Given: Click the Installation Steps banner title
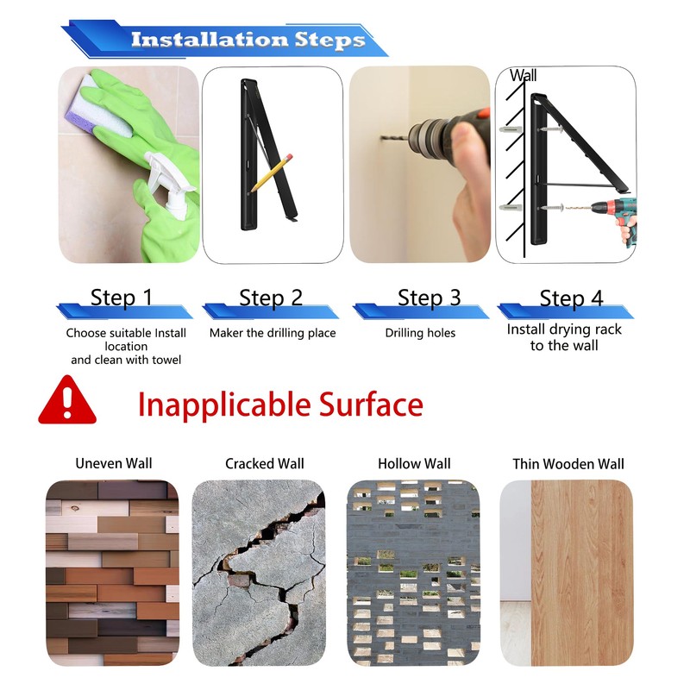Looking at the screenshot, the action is coord(248,40).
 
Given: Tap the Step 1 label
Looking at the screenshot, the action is coord(122,298).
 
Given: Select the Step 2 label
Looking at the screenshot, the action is coord(271,298).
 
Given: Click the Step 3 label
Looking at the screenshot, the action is coord(429,298).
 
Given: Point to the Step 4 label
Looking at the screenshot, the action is coord(571,298).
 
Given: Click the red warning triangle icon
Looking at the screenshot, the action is coord(67,399).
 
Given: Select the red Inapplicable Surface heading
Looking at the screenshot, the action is coord(280,404).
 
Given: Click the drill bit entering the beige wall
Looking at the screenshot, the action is coord(394,139).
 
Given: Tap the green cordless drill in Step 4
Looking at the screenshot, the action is coord(614,220).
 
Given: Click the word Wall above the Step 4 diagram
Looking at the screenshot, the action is coord(524,75).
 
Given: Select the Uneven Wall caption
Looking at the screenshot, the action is coord(114,463).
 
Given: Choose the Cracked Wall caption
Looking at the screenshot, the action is coord(265,463).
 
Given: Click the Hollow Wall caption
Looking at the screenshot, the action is coord(414,463).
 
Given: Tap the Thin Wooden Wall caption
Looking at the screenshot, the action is coord(568,464).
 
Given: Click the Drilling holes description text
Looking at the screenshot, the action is coord(420,333).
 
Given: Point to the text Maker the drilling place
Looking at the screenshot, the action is coord(273,333).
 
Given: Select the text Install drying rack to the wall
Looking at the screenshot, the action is coord(564,337).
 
